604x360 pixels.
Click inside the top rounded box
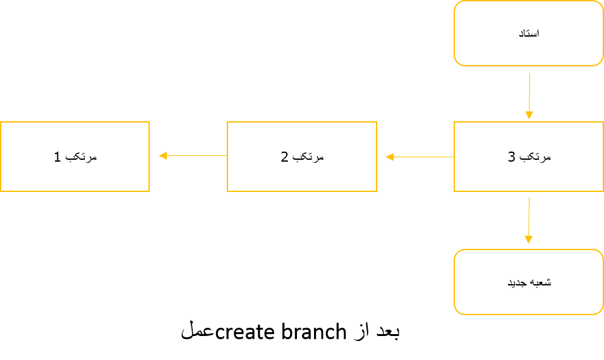click(528, 33)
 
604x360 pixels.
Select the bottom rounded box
click(528, 282)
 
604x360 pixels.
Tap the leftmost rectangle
click(75, 157)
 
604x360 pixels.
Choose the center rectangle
click(302, 157)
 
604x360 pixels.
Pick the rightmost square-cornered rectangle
click(528, 157)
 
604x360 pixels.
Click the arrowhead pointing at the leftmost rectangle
click(162, 155)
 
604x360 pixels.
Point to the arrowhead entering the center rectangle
click(389, 157)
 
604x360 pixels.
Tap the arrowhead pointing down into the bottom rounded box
click(528, 239)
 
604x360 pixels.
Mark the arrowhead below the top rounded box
click(529, 115)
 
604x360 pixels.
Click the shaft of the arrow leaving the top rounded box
click(529, 92)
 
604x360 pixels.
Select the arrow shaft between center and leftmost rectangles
click(196, 155)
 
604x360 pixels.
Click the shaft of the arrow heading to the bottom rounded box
click(529, 216)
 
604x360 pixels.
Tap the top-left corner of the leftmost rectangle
click(1, 123)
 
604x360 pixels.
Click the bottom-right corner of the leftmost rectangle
click(148, 191)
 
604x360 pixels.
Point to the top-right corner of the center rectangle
click(376, 123)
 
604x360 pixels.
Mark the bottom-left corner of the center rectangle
click(228, 191)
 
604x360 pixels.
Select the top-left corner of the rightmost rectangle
click(455, 123)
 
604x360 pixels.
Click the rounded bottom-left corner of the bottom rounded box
click(457, 311)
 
